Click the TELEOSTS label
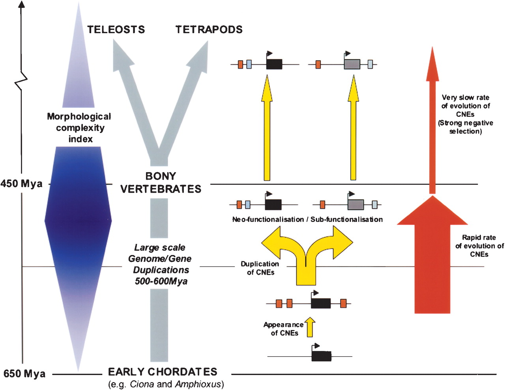coord(116,30)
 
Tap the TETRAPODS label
coord(209,30)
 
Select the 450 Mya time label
coord(21,184)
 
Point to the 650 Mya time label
coord(24,374)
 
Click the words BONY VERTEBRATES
coord(161,182)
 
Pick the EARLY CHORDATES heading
coord(163,372)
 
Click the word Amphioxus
coord(198,384)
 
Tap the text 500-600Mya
coord(161,281)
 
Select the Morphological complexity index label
coord(79,127)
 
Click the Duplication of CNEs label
coord(260,268)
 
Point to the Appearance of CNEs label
coord(284,329)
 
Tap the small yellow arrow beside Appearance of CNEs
coord(310,327)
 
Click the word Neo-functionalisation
coord(268,219)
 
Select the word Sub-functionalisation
coord(346,219)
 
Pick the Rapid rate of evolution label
coord(479,246)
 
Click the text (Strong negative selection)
coord(466,127)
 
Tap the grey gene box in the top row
coord(352,64)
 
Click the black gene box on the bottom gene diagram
coord(321,356)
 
